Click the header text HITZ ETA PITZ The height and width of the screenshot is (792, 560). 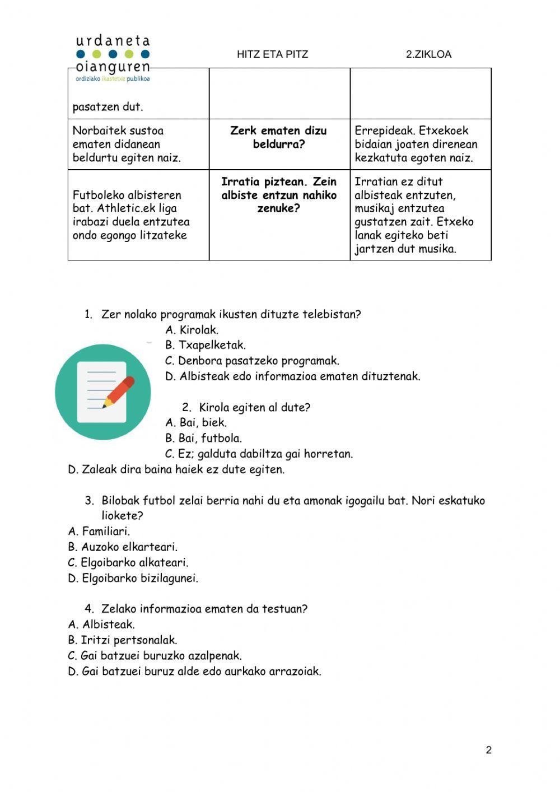[x=272, y=54]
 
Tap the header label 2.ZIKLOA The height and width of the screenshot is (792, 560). [x=428, y=54]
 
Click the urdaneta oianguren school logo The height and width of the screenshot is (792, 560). [x=113, y=58]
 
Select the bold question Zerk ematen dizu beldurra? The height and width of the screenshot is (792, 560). [x=278, y=137]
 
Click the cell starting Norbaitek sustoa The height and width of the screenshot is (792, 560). [x=127, y=144]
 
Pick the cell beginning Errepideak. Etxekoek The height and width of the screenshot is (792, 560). [x=416, y=144]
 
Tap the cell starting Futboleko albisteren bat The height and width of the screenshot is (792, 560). [x=131, y=215]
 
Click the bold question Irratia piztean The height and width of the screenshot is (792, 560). [x=279, y=195]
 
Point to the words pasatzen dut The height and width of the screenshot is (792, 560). [x=108, y=106]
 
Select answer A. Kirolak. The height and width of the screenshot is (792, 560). [x=192, y=330]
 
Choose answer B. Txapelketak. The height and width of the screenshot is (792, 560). [x=206, y=345]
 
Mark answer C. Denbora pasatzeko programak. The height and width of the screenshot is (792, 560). [x=252, y=361]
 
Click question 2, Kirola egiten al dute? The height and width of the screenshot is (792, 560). [x=246, y=407]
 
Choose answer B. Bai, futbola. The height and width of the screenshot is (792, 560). [x=203, y=438]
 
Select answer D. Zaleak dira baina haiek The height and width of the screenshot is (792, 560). [x=176, y=469]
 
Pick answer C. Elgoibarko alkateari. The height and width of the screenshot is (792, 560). [x=128, y=562]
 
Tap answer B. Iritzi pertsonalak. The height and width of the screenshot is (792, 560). [x=123, y=640]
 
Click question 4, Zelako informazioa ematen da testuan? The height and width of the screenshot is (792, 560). [x=197, y=609]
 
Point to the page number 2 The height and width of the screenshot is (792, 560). [x=488, y=750]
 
